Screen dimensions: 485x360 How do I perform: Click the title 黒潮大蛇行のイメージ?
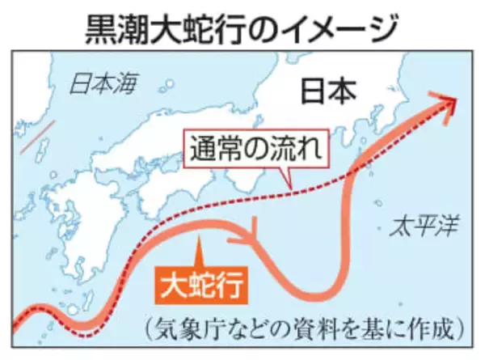242,27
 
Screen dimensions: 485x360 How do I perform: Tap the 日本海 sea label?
103,83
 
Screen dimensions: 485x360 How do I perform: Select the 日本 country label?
329,90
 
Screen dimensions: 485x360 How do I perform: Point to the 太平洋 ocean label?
420,224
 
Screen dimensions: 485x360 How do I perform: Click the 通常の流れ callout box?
257,150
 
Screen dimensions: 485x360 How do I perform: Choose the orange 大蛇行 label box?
200,284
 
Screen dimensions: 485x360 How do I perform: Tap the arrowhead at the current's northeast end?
449,102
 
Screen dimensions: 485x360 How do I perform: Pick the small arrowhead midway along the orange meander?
252,238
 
